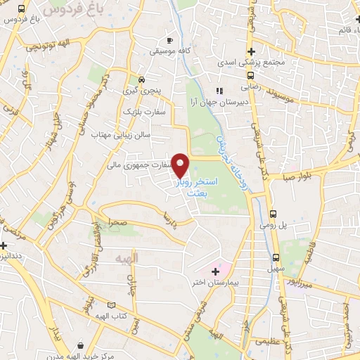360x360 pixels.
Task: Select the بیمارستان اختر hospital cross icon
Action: pyautogui.click(x=215, y=271)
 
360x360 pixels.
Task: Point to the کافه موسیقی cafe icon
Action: pyautogui.click(x=169, y=40)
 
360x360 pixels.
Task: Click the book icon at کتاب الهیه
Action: pyautogui.click(x=110, y=305)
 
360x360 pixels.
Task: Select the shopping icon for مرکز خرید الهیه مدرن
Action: pyautogui.click(x=82, y=345)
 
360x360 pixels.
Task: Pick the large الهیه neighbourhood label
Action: pyautogui.click(x=127, y=258)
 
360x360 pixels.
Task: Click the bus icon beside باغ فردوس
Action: pyautogui.click(x=23, y=8)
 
